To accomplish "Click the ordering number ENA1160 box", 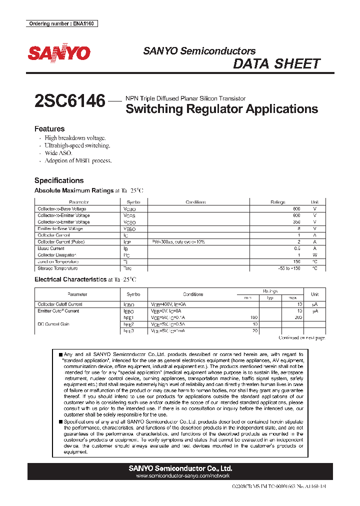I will click(61, 23).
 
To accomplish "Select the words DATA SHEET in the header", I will click(276, 64).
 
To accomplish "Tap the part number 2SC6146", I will click(70, 101).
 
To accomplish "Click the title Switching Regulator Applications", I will click(221, 109).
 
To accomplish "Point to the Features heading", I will click(49, 128).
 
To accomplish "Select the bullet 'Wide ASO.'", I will click(58, 153).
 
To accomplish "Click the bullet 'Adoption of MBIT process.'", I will click(78, 161).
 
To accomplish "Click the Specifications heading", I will click(59, 180).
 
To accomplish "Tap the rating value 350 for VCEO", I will click(296, 222).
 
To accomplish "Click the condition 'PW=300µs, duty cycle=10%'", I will click(178, 242).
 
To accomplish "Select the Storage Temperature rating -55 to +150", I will click(289, 268).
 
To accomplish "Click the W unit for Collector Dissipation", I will click(314, 255).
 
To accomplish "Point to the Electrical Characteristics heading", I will click(70, 279).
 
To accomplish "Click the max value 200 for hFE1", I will click(299, 317).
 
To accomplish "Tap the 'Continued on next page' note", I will click(301, 338).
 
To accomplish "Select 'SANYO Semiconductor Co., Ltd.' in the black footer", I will click(180, 468).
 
